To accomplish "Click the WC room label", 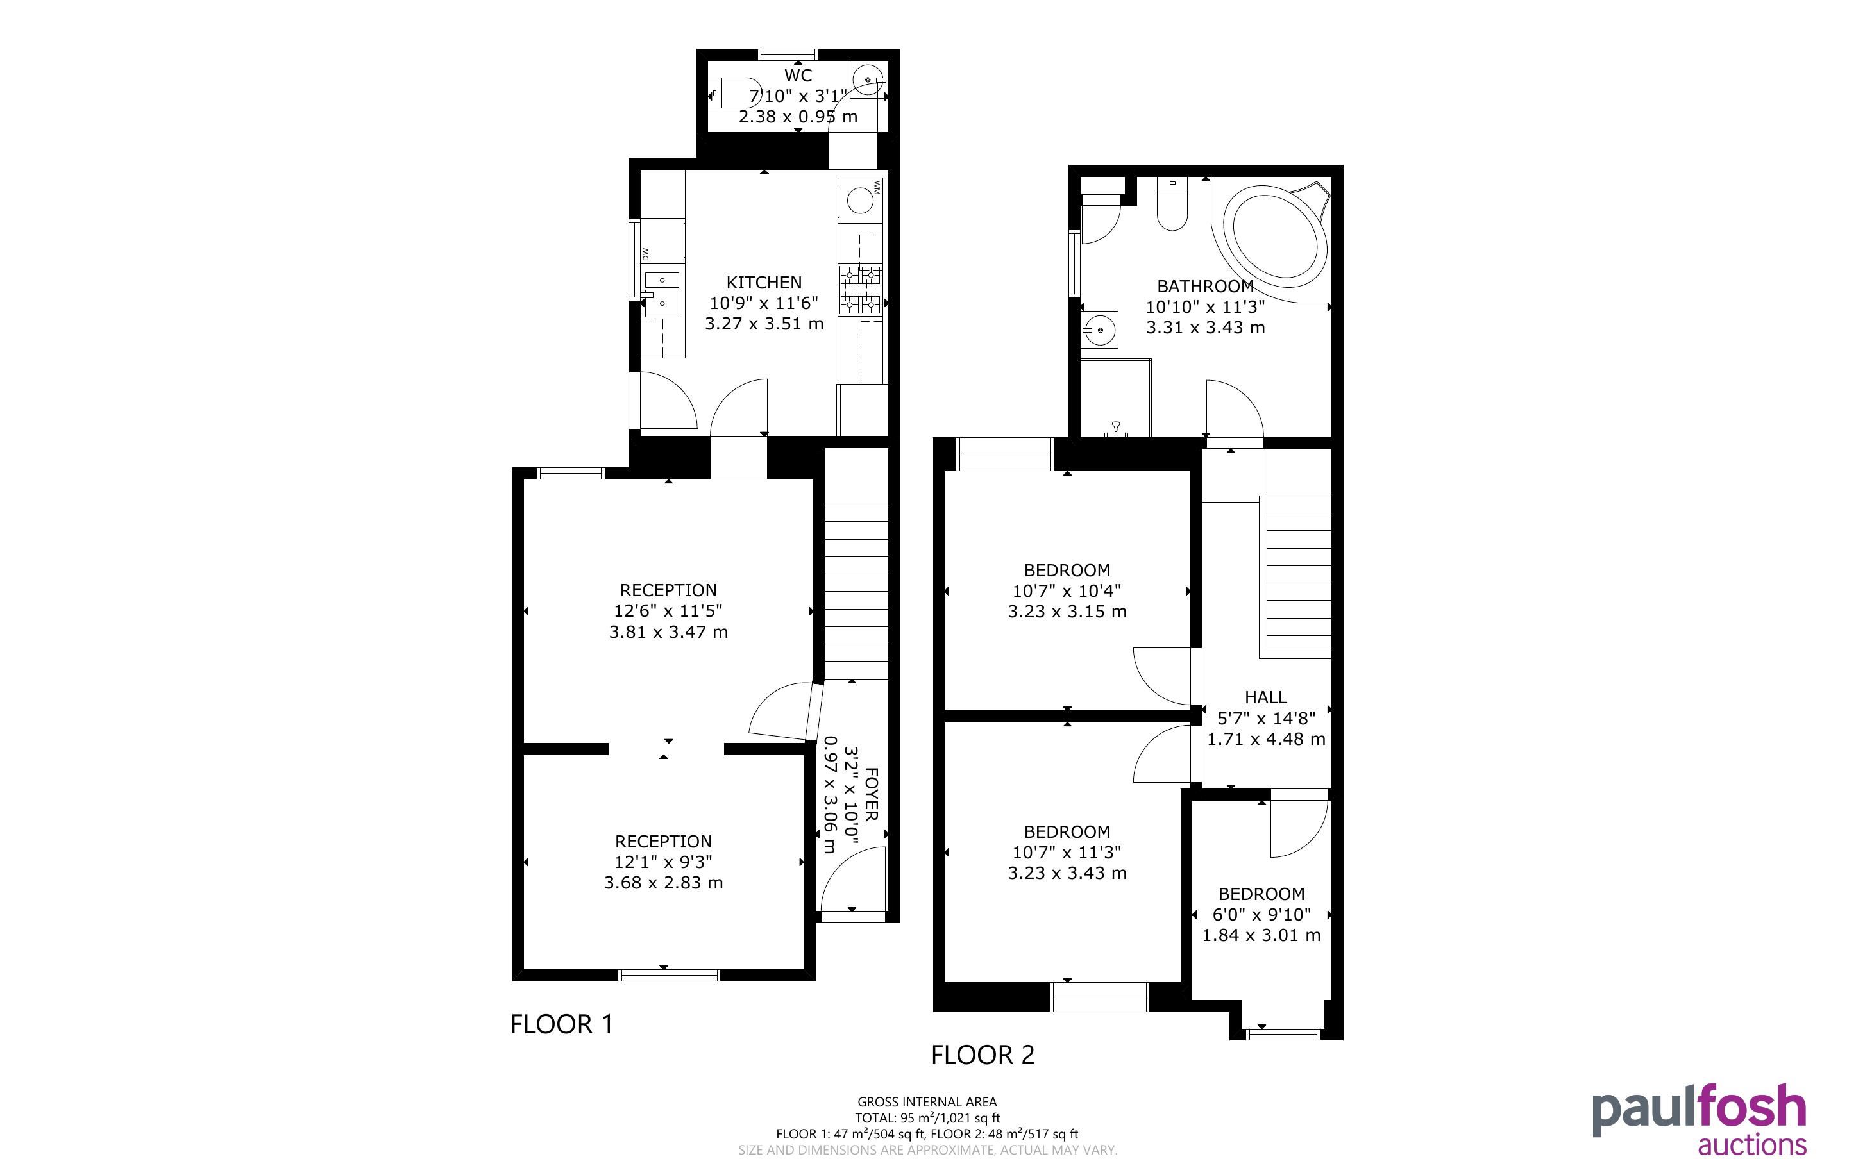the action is (x=798, y=75).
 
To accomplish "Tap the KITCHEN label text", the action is (x=764, y=282).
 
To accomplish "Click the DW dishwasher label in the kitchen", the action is (x=646, y=253).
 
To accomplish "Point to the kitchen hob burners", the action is (x=861, y=290).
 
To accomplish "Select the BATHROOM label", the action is (x=1205, y=286).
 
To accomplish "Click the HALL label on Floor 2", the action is (x=1266, y=697).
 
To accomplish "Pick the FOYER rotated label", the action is (x=872, y=794).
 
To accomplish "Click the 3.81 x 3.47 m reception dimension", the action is (x=668, y=631).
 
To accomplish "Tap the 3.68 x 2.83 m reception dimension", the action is (x=663, y=882).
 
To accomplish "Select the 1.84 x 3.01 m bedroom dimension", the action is (x=1261, y=935).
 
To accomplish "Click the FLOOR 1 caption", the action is (x=562, y=1024).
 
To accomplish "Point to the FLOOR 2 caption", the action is (x=983, y=1055).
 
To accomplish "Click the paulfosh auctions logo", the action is (x=1699, y=1120).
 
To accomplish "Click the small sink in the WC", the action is (x=868, y=79).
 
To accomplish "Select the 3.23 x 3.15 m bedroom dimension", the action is (x=1067, y=612).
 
